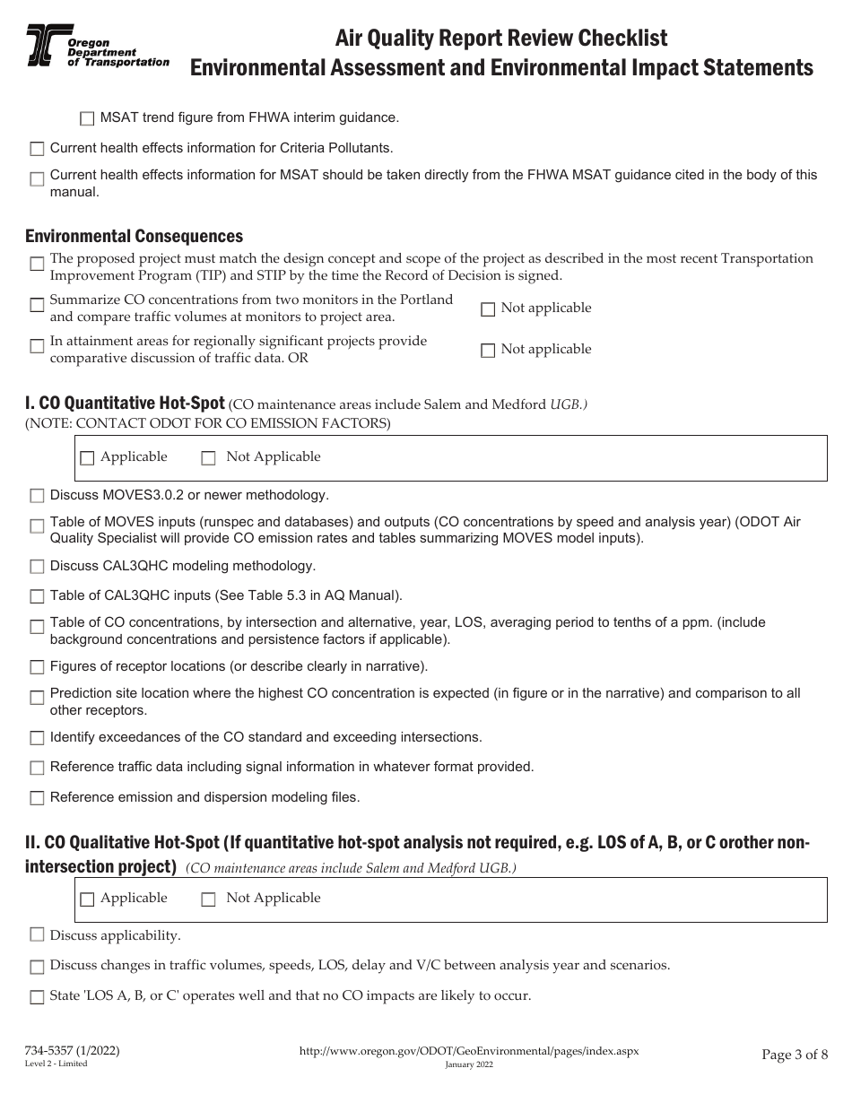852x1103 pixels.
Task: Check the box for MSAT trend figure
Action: click(x=87, y=118)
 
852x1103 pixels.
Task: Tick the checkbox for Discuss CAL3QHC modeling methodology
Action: click(x=37, y=567)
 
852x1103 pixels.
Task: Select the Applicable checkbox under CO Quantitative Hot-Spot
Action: click(x=87, y=458)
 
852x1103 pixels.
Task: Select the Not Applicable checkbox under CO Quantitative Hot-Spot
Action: click(x=208, y=458)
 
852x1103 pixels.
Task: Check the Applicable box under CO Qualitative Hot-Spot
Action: click(x=87, y=899)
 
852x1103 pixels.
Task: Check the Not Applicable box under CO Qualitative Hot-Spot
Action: click(x=208, y=899)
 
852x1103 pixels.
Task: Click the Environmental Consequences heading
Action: click(x=134, y=237)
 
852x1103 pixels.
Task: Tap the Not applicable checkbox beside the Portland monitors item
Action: click(x=488, y=309)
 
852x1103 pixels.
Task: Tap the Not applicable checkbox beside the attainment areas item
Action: click(x=488, y=351)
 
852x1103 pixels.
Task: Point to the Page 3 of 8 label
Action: click(x=795, y=1055)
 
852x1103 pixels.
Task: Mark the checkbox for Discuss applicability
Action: click(x=37, y=935)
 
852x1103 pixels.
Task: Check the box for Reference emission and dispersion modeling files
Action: click(x=37, y=798)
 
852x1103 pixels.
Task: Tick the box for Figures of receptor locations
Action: click(x=37, y=667)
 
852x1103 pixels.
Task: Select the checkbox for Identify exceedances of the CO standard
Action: click(x=37, y=738)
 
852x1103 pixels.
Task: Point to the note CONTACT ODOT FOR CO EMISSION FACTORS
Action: click(x=208, y=423)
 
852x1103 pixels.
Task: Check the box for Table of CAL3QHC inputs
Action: click(x=37, y=596)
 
